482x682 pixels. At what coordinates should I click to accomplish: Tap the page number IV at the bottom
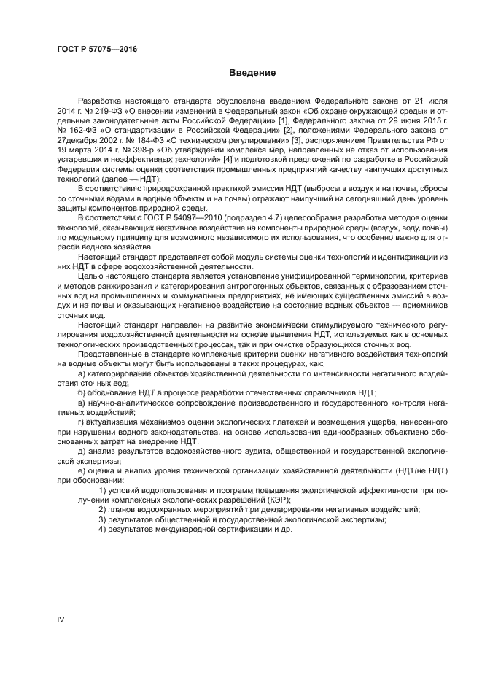pyautogui.click(x=61, y=619)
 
